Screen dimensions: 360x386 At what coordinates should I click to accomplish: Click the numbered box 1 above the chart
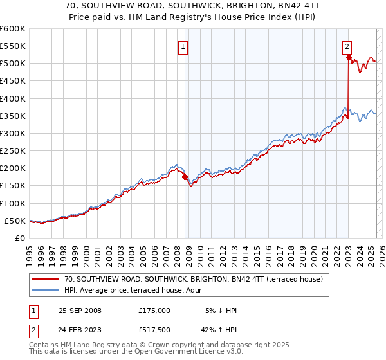click(x=183, y=46)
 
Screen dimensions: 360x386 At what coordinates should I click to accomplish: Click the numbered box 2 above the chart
click(x=347, y=46)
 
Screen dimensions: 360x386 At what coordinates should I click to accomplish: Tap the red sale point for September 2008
click(x=185, y=177)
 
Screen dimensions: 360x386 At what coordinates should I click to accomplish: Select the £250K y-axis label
click(x=12, y=151)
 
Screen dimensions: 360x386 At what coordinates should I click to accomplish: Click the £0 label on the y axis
click(x=19, y=238)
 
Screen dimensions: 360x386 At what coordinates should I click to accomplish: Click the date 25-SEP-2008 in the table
click(x=80, y=310)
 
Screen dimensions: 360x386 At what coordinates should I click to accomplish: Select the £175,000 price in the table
click(x=154, y=310)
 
